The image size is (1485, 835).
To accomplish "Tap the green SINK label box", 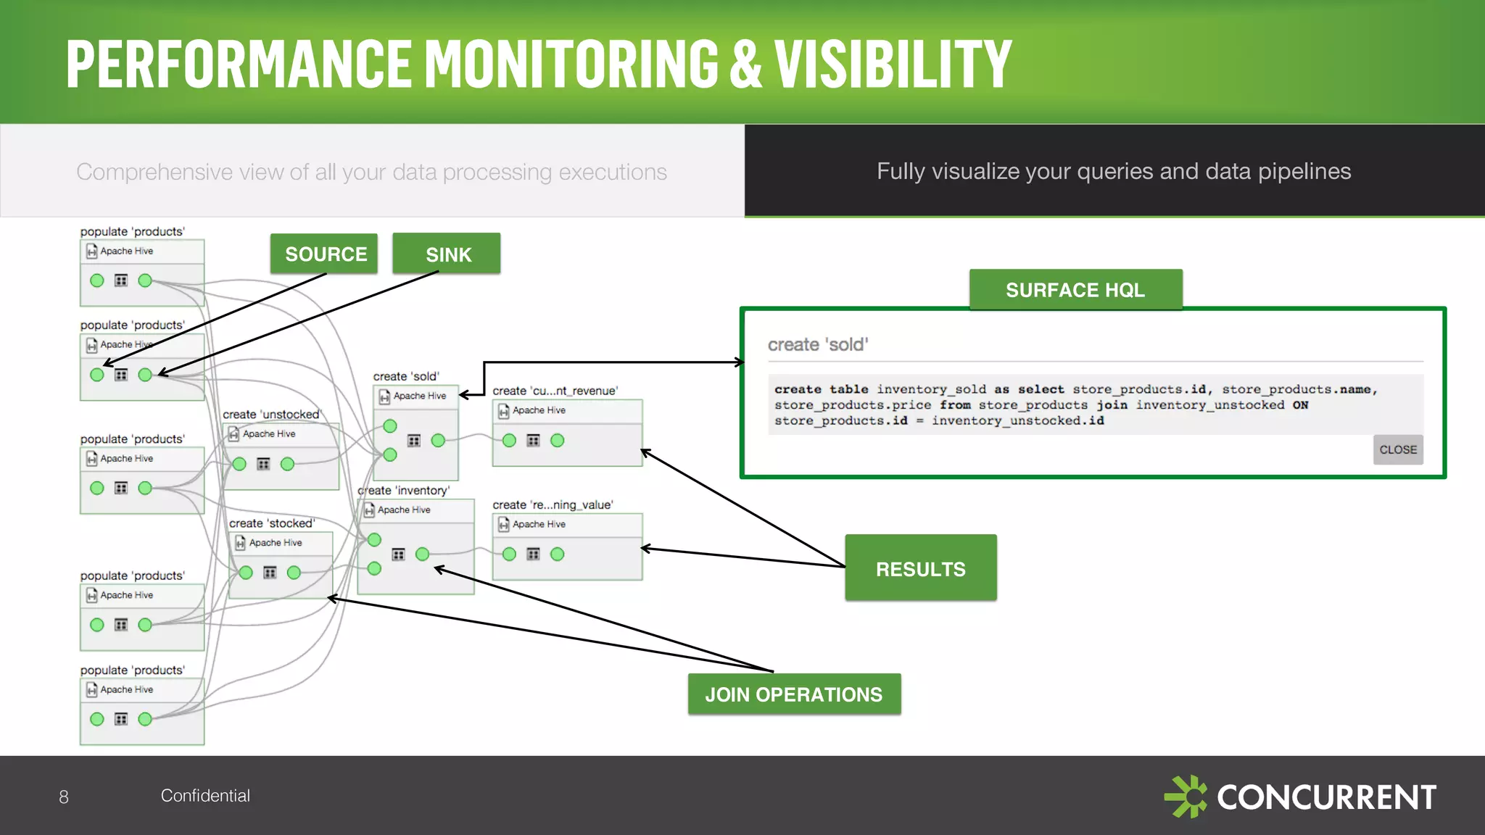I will pos(447,254).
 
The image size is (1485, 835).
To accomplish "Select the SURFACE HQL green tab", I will pos(1075,290).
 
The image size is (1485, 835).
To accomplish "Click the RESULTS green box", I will pos(920,568).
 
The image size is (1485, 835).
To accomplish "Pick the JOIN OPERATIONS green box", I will pos(794,694).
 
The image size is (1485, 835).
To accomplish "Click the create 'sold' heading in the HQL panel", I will pos(818,344).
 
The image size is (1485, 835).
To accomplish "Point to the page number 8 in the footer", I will pos(64,797).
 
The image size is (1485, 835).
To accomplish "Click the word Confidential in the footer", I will pos(205,795).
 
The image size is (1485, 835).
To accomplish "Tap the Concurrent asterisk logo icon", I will pos(1186,797).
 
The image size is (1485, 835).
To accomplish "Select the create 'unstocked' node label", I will pos(271,414).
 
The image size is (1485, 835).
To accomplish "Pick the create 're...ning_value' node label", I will pos(553,504).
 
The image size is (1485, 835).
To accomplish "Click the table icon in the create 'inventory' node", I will pos(398,554).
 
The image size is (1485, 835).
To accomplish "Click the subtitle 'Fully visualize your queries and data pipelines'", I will pos(1114,171).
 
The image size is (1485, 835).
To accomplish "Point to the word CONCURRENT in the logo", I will pos(1326,797).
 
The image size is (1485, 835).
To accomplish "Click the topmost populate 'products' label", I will pos(133,231).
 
